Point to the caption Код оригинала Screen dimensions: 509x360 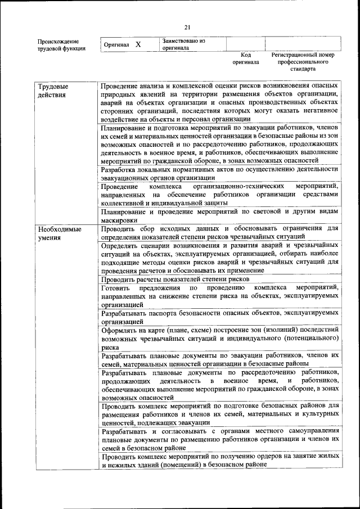tap(245, 58)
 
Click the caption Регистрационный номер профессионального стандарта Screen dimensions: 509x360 tap(303, 62)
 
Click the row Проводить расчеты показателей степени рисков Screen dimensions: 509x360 tap(175, 278)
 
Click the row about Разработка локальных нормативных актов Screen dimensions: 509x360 tap(219, 173)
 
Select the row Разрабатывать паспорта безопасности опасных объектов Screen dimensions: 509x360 tap(219, 316)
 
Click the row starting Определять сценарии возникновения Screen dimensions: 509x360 tap(219, 258)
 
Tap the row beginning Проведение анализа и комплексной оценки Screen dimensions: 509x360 tap(219, 102)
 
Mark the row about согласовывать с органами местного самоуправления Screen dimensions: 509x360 tap(219, 438)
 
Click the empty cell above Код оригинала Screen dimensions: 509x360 tap(245, 44)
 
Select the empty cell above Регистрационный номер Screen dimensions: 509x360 tap(303, 44)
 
